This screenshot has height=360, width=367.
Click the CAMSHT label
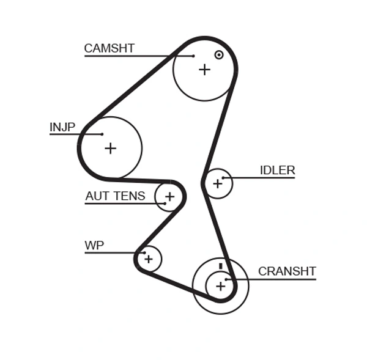[x=109, y=48]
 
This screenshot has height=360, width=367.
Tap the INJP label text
[x=62, y=127]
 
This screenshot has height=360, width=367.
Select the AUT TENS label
[x=115, y=196]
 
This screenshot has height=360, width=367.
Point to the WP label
[x=94, y=246]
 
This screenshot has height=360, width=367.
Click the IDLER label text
[x=277, y=171]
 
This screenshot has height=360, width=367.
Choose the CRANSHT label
[x=286, y=271]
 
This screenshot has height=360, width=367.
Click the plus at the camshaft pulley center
[x=204, y=70]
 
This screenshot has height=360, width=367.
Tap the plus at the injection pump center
[x=110, y=148]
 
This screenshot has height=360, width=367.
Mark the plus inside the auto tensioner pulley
[x=169, y=197]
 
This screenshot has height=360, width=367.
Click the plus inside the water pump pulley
[x=149, y=259]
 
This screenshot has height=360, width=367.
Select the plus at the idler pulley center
[x=217, y=183]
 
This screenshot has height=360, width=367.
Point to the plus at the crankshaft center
[x=220, y=285]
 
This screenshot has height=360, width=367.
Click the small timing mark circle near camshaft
[x=219, y=55]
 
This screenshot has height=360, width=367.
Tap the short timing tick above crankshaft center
[x=220, y=266]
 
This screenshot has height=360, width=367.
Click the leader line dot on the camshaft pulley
[x=193, y=56]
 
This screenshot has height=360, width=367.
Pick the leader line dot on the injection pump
[x=102, y=134]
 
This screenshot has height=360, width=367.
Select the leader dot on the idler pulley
[x=224, y=178]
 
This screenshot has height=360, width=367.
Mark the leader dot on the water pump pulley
[x=144, y=252]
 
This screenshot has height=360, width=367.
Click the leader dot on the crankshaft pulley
[x=226, y=279]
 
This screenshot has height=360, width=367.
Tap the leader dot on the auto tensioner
[x=165, y=203]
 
